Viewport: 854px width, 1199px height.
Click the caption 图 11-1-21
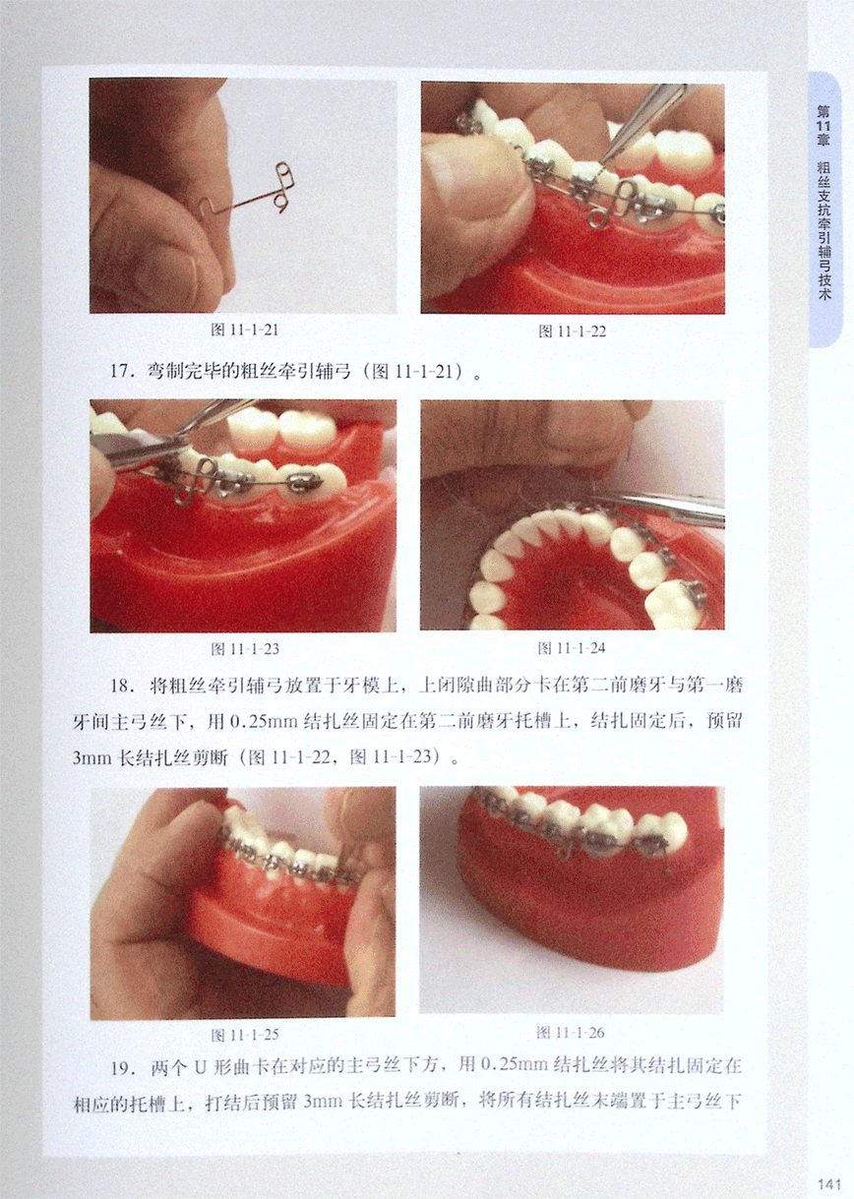tap(245, 330)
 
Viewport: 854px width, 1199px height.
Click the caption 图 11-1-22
tap(572, 331)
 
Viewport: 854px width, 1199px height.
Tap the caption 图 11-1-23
tap(245, 649)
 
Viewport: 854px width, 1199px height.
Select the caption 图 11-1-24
tap(572, 648)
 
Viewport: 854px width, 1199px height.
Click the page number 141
tap(829, 1182)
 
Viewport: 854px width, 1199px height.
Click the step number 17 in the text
tap(120, 371)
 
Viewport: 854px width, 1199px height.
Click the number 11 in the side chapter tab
tap(823, 127)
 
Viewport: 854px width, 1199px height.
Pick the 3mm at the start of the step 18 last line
tap(91, 758)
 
